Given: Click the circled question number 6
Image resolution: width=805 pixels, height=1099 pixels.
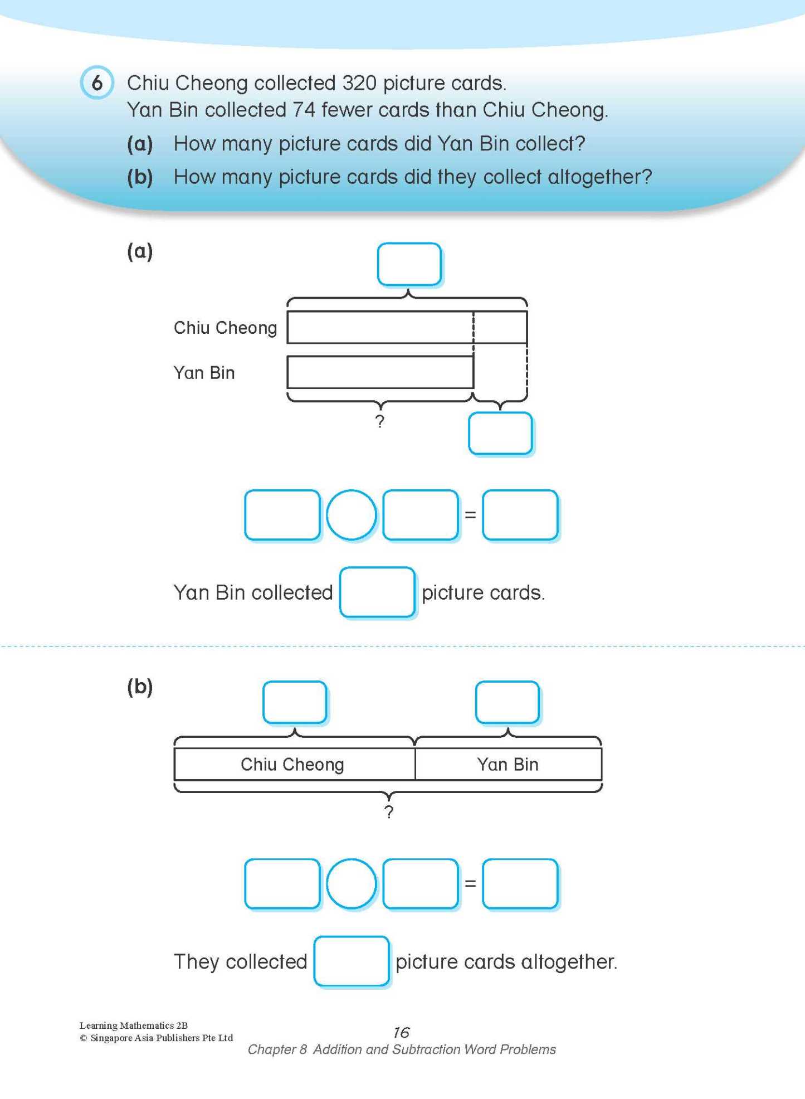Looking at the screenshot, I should pos(97,83).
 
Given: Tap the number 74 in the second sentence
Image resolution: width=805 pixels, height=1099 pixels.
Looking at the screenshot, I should pos(304,110).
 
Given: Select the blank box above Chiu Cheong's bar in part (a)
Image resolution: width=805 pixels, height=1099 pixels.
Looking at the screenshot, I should pos(409,264).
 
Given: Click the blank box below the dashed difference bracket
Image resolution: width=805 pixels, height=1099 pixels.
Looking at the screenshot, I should pos(500,434).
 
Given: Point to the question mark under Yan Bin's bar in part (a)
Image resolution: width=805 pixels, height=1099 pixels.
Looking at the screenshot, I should pos(379,421).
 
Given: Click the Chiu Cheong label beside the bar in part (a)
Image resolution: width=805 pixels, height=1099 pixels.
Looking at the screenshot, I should pos(225,328).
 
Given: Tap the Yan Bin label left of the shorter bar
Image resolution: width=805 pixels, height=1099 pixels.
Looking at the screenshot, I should pos(204,372).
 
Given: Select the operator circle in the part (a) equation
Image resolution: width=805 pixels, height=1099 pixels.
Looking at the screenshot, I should pos(351,515).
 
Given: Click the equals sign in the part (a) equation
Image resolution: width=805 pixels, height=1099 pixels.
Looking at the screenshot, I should pos(470,515).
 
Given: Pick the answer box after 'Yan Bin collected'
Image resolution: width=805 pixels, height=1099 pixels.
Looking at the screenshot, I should pos(377,592).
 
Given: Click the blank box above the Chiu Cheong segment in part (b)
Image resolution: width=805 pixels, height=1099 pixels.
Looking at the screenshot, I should pos(294,702).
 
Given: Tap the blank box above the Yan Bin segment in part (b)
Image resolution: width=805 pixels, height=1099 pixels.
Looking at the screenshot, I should pos(507,702).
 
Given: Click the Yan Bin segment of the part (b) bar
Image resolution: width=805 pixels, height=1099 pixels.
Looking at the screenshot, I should pos(508,764).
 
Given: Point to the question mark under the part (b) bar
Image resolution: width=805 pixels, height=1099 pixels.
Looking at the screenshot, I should pos(388,812).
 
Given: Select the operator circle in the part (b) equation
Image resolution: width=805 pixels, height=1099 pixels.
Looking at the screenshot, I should pos(351,884).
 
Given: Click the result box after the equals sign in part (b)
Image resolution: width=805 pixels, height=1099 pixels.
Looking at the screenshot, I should pos(520,884).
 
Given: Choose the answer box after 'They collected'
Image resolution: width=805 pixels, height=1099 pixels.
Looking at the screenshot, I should pos(351,961).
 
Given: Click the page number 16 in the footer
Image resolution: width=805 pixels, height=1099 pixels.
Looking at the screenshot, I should pos(401,1033).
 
